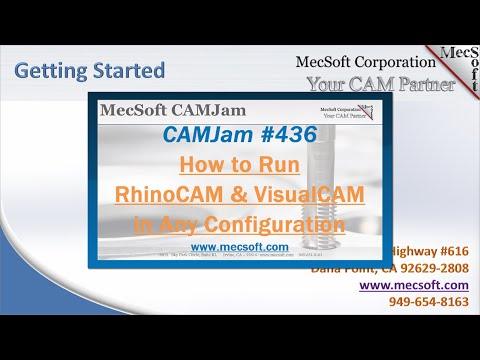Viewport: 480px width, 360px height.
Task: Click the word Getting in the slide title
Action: click(x=51, y=71)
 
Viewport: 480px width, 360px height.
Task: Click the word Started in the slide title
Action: click(x=126, y=71)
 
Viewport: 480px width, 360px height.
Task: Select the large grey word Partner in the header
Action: click(x=416, y=84)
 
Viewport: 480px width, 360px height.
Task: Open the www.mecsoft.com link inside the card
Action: click(x=225, y=245)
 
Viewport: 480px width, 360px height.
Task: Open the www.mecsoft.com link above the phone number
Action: click(x=413, y=285)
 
